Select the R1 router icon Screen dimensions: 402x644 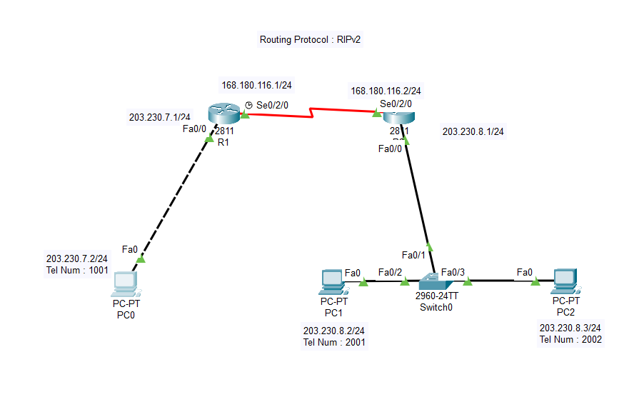tap(222, 114)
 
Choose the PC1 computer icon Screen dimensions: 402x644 tap(333, 281)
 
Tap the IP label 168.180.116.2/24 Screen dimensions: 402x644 tap(386, 91)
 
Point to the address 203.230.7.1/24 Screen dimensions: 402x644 tap(159, 117)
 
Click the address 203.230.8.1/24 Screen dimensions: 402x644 tap(473, 131)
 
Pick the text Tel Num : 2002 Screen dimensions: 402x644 tap(570, 339)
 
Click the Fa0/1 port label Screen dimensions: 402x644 tap(413, 255)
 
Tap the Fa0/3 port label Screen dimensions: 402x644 tap(453, 271)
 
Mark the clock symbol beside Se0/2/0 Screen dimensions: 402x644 tap(248, 105)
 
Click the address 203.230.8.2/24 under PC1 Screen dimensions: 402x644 tap(333, 331)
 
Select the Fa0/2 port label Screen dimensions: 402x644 tap(390, 271)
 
